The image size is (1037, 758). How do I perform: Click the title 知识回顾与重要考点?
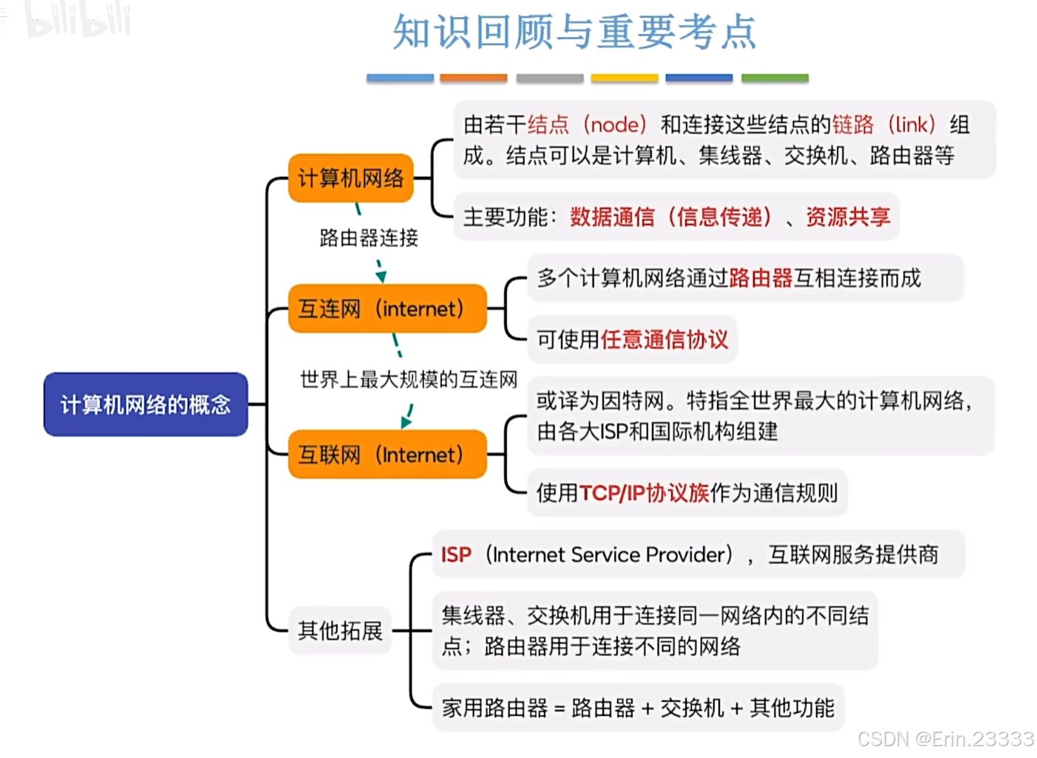pos(574,33)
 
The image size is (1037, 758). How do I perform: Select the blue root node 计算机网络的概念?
pos(146,405)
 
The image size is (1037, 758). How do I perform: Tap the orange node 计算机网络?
pos(350,178)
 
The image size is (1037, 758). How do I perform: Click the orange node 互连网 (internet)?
pos(387,308)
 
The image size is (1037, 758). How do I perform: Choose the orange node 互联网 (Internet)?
pos(387,454)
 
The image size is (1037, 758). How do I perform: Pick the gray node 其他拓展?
pos(340,630)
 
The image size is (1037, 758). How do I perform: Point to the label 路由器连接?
pos(369,237)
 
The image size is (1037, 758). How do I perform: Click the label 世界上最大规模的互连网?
pos(409,379)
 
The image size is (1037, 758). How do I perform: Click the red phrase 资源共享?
pos(848,217)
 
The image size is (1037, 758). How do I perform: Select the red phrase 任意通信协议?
pos(664,339)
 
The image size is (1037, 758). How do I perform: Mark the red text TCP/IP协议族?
pos(644,493)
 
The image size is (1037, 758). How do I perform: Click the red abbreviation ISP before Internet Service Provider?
pos(456,555)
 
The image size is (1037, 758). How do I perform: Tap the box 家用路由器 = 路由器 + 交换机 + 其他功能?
pos(638,708)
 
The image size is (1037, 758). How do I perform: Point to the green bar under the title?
pos(775,78)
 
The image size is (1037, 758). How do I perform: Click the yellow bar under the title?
pos(625,78)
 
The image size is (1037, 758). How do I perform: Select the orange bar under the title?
pos(474,78)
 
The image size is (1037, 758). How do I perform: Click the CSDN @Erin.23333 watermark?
pos(945,739)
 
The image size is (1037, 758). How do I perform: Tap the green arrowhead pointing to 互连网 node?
pos(381,276)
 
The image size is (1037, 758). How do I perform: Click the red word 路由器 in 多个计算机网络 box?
pos(761,278)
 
